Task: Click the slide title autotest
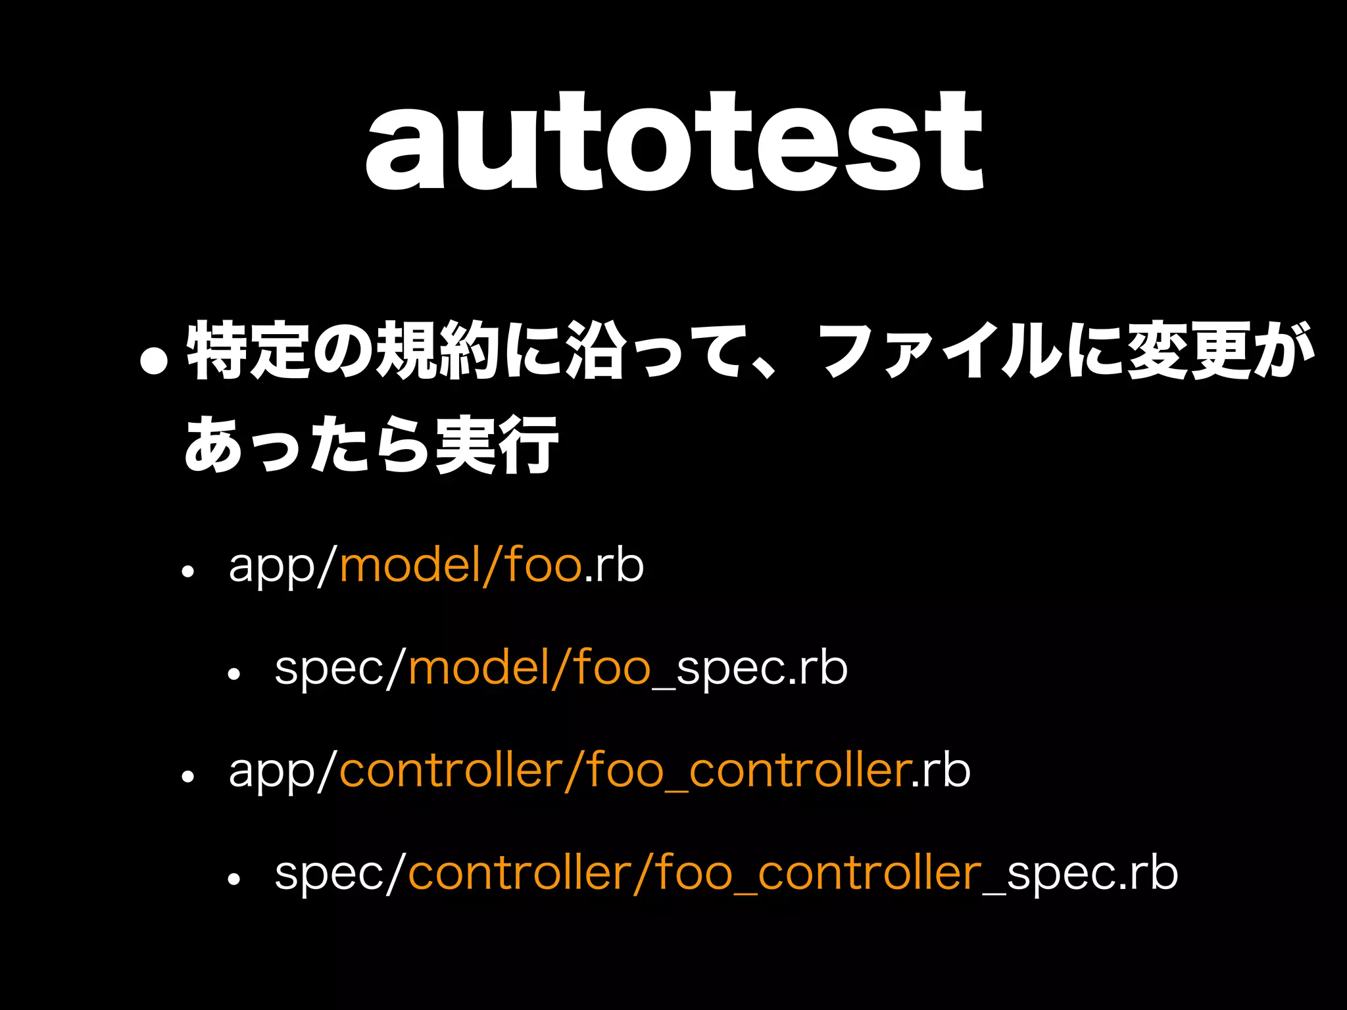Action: (673, 141)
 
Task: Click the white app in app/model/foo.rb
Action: (272, 567)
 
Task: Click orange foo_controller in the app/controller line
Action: (747, 771)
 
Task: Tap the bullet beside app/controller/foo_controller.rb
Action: (188, 777)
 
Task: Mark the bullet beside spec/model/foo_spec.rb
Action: (234, 675)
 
